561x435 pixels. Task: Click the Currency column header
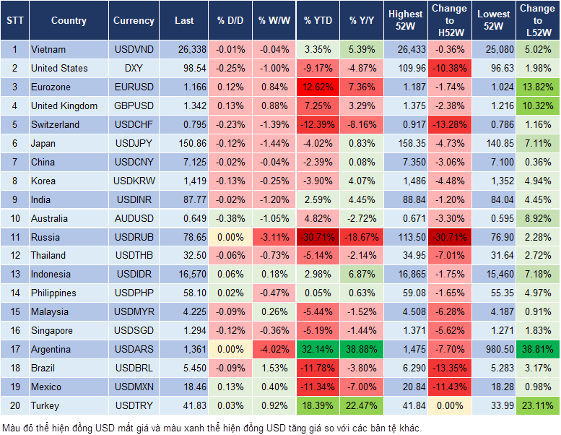pos(134,21)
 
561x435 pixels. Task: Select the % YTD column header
pos(318,21)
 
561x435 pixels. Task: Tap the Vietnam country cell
pos(48,50)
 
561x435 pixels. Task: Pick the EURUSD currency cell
pos(134,87)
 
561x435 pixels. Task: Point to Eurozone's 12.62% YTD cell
pos(318,87)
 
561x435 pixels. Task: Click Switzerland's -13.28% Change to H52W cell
pos(449,124)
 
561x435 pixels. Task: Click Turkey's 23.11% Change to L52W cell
pos(539,405)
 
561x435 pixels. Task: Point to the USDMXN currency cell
pos(134,387)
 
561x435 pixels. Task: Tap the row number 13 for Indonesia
pos(14,275)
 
